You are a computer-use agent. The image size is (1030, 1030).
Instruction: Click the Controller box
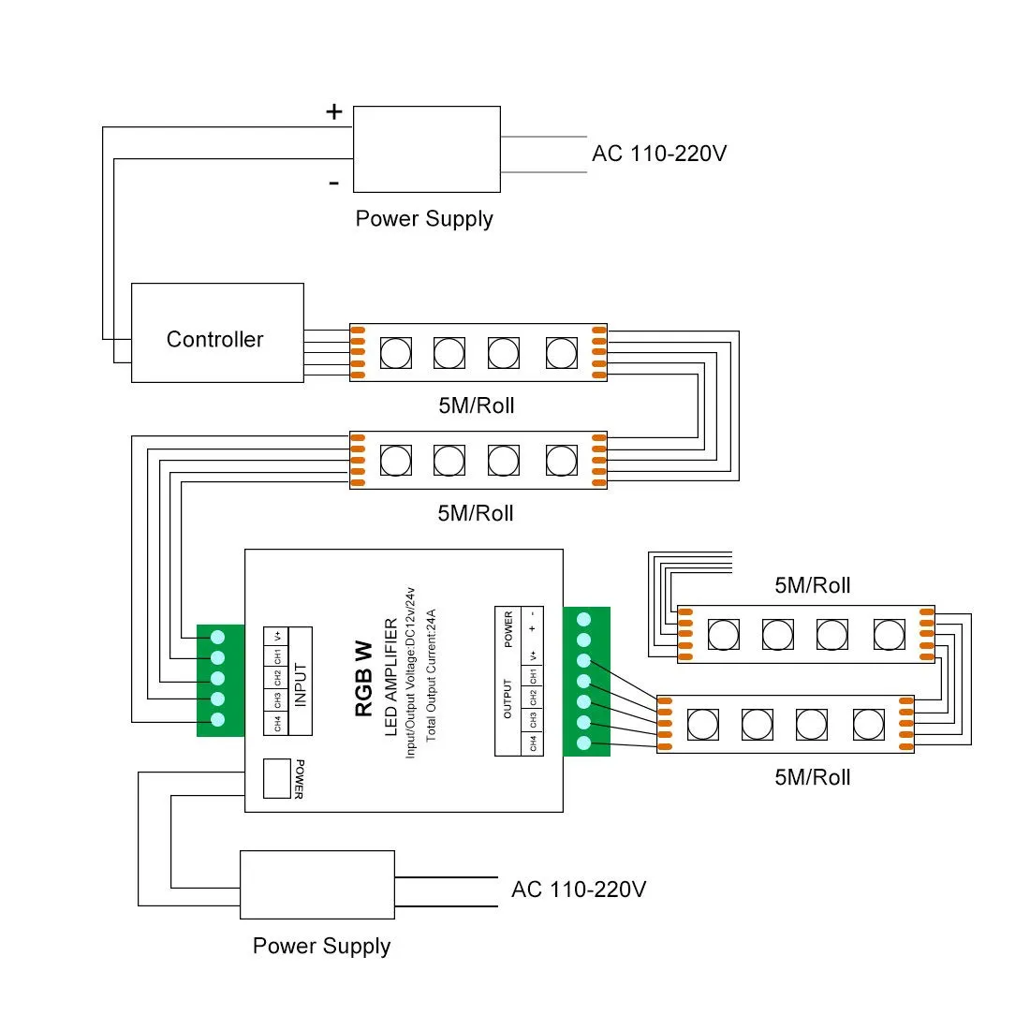(217, 332)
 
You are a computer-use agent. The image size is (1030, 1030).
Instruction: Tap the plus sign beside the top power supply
(333, 111)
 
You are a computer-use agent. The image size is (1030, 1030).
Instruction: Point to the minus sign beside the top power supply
(333, 183)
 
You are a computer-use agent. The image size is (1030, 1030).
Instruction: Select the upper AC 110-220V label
(659, 154)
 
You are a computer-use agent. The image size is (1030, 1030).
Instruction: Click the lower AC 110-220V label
(579, 890)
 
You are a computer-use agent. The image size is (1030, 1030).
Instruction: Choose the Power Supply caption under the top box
(424, 219)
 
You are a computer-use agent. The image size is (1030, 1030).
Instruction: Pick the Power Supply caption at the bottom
(322, 946)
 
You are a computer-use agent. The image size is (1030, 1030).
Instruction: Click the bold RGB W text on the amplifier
(363, 679)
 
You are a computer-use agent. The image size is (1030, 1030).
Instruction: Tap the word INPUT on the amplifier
(301, 684)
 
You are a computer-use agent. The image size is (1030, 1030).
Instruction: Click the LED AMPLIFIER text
(390, 677)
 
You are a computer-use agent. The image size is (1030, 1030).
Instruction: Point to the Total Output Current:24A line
(431, 675)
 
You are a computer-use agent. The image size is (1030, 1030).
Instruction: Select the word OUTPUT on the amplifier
(508, 699)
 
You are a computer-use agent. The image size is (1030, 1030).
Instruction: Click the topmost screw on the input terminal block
(218, 637)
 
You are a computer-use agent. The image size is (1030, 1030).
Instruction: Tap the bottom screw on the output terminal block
(583, 743)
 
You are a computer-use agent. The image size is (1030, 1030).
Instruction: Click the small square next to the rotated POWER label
(277, 778)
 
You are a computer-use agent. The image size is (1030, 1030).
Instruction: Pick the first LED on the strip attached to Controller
(396, 353)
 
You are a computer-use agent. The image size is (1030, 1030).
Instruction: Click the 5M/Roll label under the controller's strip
(477, 405)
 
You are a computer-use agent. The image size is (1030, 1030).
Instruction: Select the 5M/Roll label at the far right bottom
(813, 777)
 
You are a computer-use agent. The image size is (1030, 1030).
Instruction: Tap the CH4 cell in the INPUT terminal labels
(277, 723)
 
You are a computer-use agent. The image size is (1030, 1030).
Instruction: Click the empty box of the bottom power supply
(317, 885)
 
